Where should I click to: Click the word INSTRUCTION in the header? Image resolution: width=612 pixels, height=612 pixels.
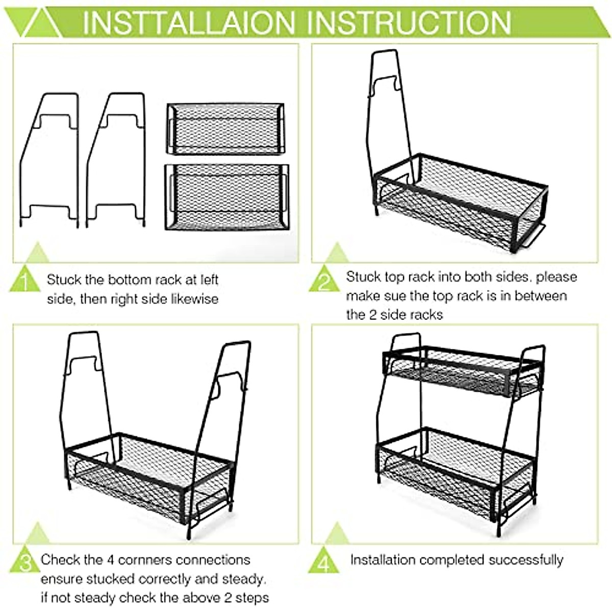tap(411, 22)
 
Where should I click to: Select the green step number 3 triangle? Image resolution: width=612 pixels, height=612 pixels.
tap(24, 562)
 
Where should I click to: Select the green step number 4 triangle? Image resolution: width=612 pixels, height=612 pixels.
tap(323, 562)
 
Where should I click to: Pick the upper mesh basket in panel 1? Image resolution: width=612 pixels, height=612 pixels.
tap(225, 128)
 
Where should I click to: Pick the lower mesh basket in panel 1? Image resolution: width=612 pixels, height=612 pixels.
tap(227, 197)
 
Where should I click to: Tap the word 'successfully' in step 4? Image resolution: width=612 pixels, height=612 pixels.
tap(525, 560)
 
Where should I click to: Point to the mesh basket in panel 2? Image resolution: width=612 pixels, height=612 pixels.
tap(459, 204)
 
